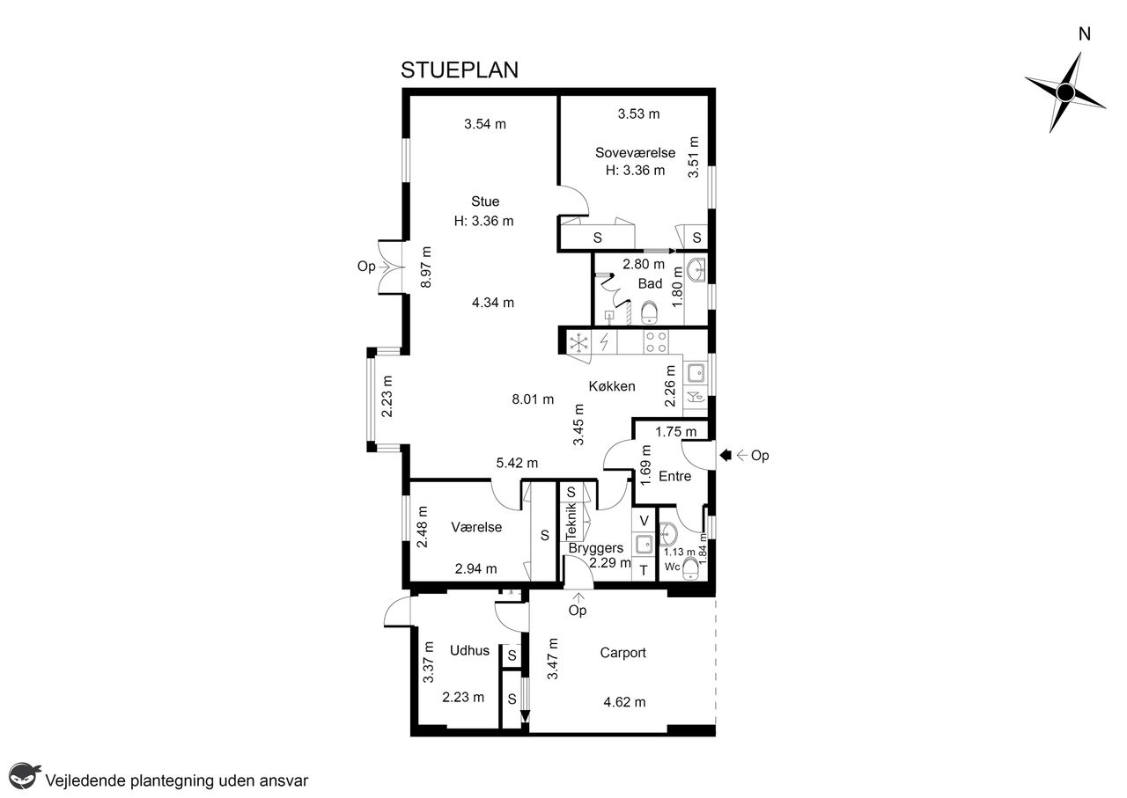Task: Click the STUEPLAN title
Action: click(x=460, y=70)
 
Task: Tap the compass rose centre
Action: click(x=1065, y=92)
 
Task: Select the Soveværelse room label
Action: click(x=635, y=152)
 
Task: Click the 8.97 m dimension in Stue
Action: click(x=426, y=267)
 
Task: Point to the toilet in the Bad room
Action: click(x=650, y=312)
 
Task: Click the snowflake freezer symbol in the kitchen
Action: click(x=579, y=343)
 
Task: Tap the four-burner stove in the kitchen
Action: click(x=657, y=342)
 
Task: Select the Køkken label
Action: click(x=612, y=386)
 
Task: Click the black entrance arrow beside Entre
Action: click(x=726, y=455)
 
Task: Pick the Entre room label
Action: click(x=674, y=476)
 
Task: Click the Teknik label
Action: click(x=571, y=522)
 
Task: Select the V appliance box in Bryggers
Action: click(x=644, y=521)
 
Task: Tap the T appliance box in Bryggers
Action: click(x=644, y=570)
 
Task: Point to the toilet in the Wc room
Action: click(x=689, y=570)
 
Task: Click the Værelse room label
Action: click(x=476, y=527)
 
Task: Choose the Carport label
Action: click(x=622, y=653)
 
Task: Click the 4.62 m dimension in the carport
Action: click(x=624, y=702)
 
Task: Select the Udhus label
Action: click(x=469, y=650)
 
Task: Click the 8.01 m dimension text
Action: click(x=533, y=399)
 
